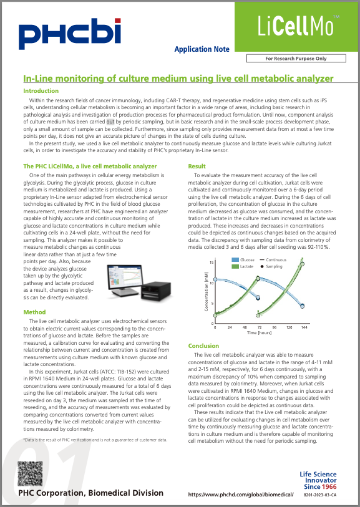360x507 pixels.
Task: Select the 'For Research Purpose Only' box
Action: tap(296, 58)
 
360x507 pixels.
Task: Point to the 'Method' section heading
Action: tap(34, 312)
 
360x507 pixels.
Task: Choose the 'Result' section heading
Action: tap(197, 167)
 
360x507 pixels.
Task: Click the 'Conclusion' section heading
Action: tap(204, 345)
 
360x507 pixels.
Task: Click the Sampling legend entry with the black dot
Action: tap(275, 266)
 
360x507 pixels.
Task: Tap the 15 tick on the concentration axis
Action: tap(212, 263)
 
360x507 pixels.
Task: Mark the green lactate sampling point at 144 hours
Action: tap(303, 264)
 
